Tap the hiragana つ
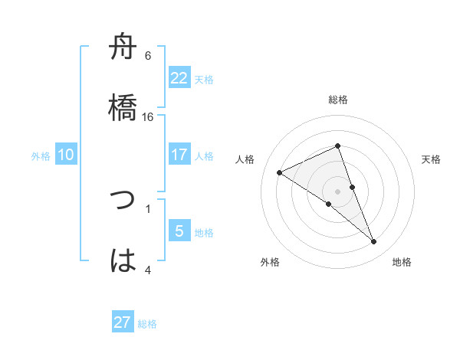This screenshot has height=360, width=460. tap(123, 201)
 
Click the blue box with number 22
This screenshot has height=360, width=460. tap(179, 78)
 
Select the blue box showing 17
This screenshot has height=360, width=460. tap(179, 155)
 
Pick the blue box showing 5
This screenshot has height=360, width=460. tap(179, 231)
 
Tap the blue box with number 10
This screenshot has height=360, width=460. tap(66, 155)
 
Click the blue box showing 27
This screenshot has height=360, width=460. tap(123, 322)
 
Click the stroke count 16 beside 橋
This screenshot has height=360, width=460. tap(148, 117)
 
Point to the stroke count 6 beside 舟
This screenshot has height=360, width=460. tap(148, 56)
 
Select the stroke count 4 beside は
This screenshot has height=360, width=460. tap(148, 269)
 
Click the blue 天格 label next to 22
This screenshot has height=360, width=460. tap(204, 80)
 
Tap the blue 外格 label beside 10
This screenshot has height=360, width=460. tap(41, 156)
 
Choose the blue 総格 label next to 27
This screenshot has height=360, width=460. tap(147, 324)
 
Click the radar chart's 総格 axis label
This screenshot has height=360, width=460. tap(338, 100)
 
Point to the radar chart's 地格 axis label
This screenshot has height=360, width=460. tap(402, 262)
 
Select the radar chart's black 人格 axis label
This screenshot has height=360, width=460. tap(245, 159)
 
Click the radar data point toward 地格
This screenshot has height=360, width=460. tap(374, 242)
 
